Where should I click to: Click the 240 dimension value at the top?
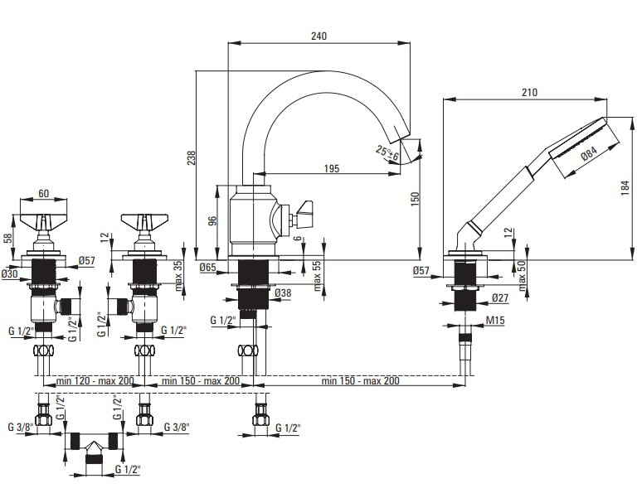319,36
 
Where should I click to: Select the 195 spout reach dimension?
332,168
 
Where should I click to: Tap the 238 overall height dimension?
192,158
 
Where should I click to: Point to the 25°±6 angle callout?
387,153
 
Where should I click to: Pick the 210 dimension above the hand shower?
529,93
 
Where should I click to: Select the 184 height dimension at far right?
625,188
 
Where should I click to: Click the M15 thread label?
494,320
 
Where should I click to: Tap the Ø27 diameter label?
499,297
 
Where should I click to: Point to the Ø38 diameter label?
283,293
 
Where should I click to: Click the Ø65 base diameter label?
207,268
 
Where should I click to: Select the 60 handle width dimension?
43,193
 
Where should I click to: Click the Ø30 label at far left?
9,273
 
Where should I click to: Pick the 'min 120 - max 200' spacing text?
95,381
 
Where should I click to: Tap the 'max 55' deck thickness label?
318,276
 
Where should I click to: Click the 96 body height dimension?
212,220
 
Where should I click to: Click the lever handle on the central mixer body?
303,210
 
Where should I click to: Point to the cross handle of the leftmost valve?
43,220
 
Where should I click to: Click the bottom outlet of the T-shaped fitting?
94,459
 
